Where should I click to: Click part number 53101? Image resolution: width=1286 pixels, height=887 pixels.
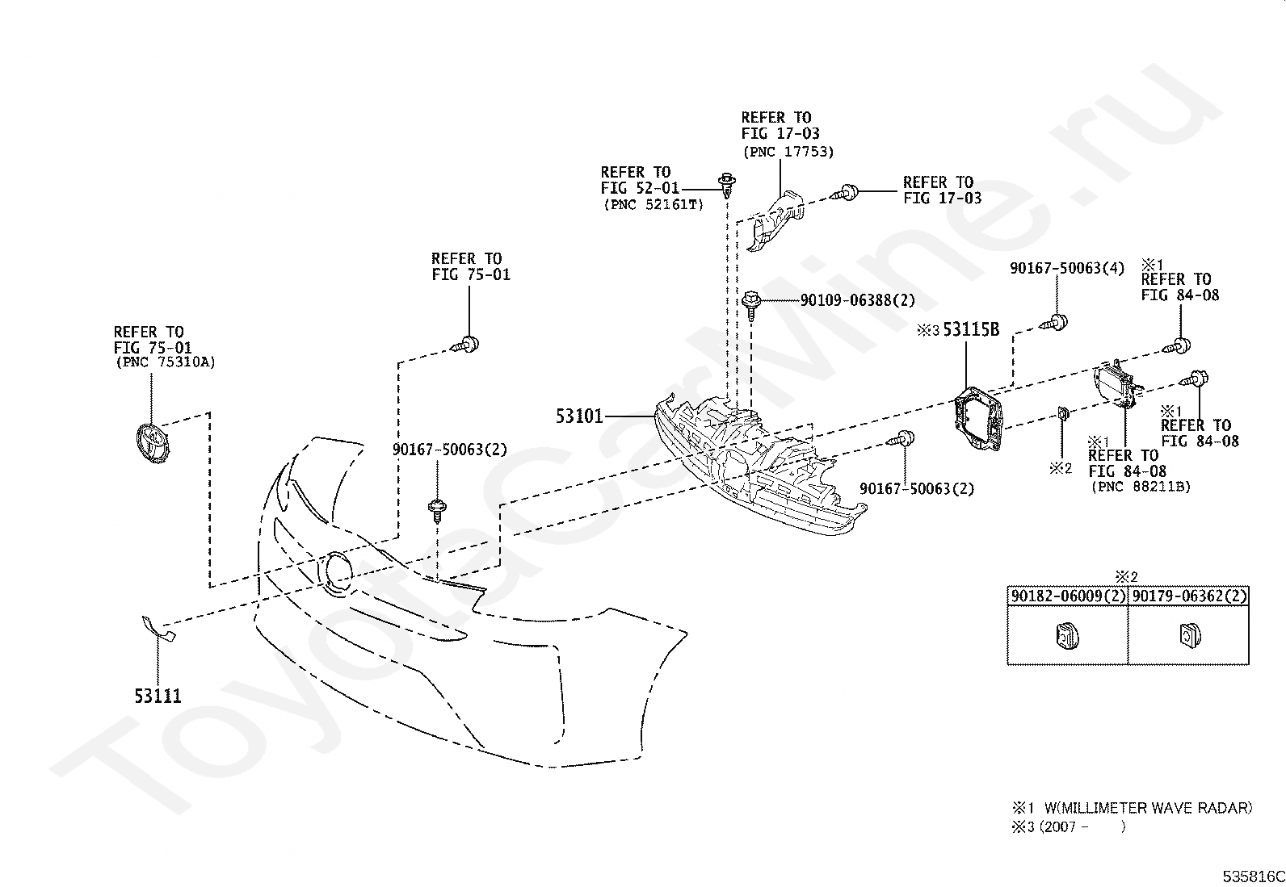click(579, 416)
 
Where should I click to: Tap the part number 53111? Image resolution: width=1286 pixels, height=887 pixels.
click(158, 696)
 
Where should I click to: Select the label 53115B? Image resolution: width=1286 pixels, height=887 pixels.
click(972, 329)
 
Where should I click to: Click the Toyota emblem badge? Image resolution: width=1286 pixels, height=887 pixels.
click(152, 444)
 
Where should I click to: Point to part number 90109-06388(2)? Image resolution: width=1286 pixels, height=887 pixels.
click(858, 300)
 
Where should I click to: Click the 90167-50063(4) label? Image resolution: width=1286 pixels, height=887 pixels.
click(1067, 268)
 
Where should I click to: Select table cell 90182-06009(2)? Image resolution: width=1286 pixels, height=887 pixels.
click(1068, 596)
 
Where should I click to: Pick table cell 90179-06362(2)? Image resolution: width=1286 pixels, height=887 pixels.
click(1189, 596)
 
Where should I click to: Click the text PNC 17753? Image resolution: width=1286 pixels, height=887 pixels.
click(788, 152)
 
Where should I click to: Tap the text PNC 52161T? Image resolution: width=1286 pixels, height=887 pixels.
click(654, 205)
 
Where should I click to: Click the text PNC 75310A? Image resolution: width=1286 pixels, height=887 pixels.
click(166, 362)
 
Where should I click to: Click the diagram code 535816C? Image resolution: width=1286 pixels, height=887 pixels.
click(1254, 877)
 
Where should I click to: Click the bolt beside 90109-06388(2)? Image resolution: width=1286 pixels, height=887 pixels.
click(751, 306)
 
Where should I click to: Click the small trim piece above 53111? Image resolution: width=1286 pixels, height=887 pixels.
click(158, 628)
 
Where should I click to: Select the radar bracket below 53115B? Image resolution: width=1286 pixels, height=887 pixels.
click(979, 418)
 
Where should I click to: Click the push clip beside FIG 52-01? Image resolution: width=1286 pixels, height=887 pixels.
click(727, 185)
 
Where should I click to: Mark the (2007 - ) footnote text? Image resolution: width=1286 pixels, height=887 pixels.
click(1068, 826)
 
